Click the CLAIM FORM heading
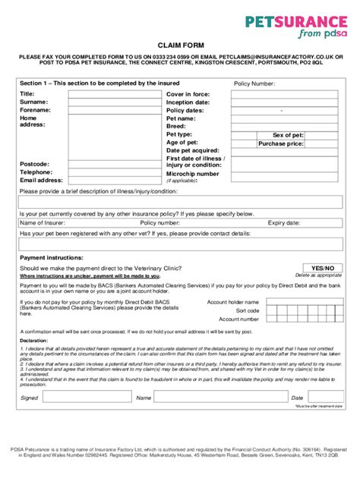click(x=180, y=46)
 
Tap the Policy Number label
click(x=254, y=83)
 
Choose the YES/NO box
click(x=323, y=268)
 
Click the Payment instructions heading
click(x=51, y=259)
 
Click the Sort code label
click(x=248, y=310)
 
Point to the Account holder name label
click(x=234, y=302)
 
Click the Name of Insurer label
click(x=43, y=223)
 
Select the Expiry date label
click(x=283, y=223)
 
